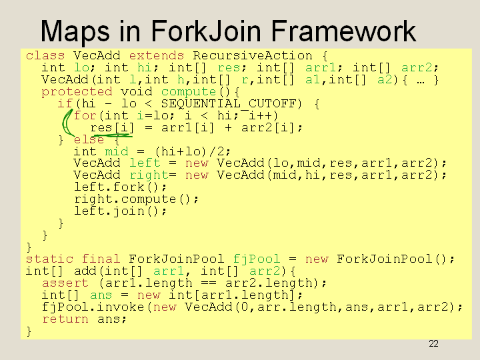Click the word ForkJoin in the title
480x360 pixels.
[x=206, y=31]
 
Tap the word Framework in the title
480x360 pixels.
[x=343, y=31]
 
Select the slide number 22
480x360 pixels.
[x=433, y=344]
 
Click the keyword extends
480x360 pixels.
[x=157, y=56]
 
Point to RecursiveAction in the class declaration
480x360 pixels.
[x=253, y=56]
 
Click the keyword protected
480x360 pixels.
[x=77, y=92]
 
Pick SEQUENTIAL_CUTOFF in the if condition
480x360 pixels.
[x=231, y=104]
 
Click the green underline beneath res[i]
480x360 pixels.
[x=112, y=135]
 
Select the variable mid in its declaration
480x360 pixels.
[x=117, y=151]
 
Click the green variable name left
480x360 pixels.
[x=145, y=163]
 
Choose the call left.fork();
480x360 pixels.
[x=120, y=187]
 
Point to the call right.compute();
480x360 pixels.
[x=136, y=199]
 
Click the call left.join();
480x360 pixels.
[x=120, y=211]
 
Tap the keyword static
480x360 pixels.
[x=49, y=259]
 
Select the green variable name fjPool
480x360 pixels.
[x=257, y=259]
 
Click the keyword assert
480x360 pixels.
[x=65, y=283]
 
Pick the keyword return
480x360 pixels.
[x=65, y=319]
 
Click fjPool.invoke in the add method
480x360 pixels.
[x=93, y=307]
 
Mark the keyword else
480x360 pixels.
[x=89, y=139]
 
